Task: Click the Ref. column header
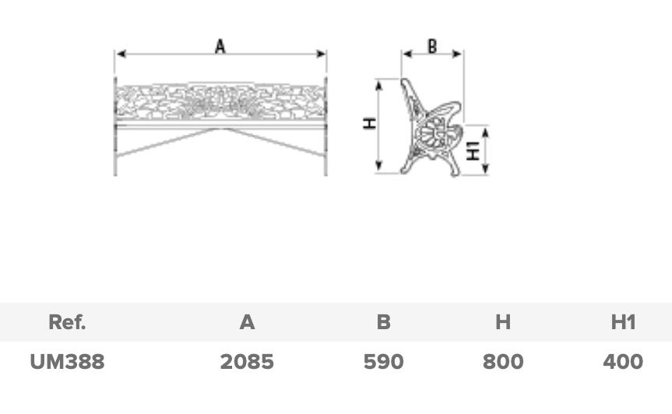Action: pos(67,322)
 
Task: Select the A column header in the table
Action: pos(248,322)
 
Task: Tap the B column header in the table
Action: pos(384,322)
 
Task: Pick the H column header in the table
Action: pos(503,322)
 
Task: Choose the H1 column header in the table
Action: pos(623,322)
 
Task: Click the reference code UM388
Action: pos(67,362)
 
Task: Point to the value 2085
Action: pos(247,362)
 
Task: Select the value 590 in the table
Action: pos(384,362)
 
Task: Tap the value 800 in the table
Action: pos(503,362)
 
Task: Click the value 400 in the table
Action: pos(623,362)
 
